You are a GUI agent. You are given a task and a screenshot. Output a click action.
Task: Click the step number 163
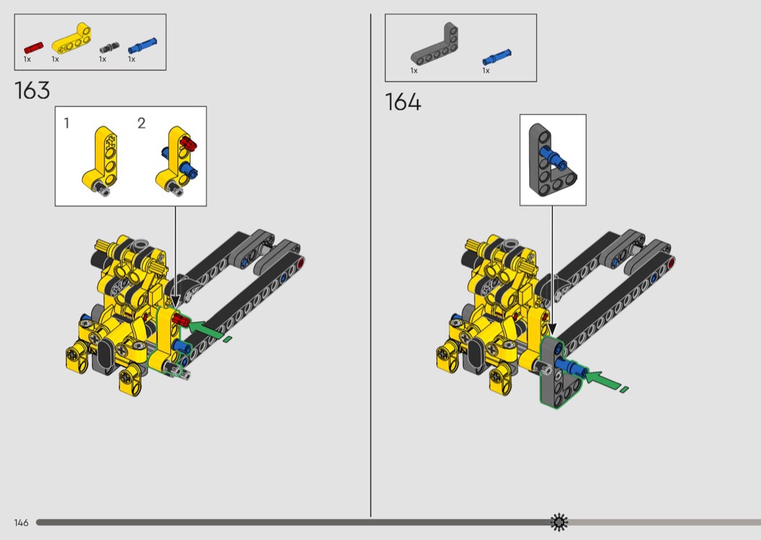tap(32, 90)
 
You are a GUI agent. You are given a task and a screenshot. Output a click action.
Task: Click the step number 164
tap(403, 102)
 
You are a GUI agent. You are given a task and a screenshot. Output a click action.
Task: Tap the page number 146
tap(21, 523)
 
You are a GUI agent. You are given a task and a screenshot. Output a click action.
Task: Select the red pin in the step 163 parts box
tap(33, 48)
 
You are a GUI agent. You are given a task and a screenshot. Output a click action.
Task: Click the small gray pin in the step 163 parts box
tap(109, 48)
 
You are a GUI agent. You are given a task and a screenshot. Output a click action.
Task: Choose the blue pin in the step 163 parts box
tap(143, 46)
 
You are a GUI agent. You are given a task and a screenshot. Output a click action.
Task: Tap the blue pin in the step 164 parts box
tap(497, 57)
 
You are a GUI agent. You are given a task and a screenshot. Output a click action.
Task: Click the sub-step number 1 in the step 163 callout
tap(67, 123)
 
